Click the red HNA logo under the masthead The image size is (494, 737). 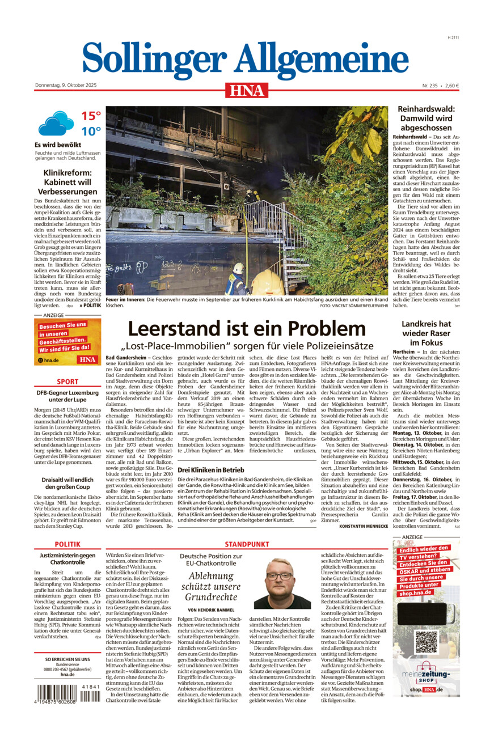(247, 90)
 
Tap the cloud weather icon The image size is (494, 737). (56, 123)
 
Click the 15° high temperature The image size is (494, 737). (91, 116)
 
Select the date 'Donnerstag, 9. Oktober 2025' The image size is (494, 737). (66, 86)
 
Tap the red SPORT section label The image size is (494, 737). (67, 382)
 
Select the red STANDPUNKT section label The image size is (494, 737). (246, 544)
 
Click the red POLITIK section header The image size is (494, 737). (67, 544)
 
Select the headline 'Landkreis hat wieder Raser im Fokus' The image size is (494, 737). (426, 333)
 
